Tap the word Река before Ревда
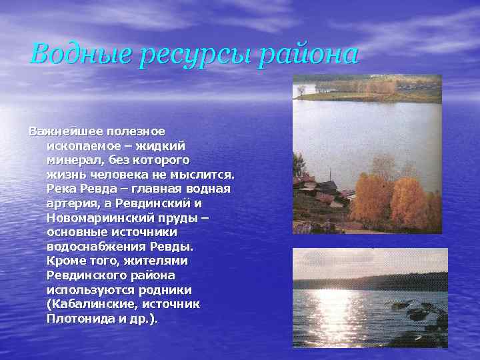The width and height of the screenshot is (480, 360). pos(63,189)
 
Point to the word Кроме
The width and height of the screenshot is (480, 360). pos(65,261)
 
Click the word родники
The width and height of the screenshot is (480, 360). pos(167,290)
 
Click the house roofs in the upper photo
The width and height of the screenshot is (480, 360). pos(320,190)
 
